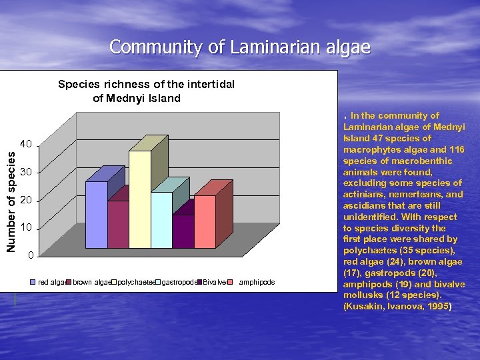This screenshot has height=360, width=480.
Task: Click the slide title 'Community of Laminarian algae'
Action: point(240,47)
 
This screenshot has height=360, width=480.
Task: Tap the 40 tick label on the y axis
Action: point(25,144)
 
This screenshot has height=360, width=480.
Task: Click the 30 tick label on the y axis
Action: point(25,173)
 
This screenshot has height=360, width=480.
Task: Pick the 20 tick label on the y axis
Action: point(25,201)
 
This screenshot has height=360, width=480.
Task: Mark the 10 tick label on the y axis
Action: point(25,228)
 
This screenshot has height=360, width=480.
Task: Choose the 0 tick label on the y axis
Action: point(29,255)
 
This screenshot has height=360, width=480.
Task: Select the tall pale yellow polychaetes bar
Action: point(139,200)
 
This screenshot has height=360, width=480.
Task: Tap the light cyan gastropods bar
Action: point(161,220)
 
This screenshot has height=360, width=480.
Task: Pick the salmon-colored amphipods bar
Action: point(205,222)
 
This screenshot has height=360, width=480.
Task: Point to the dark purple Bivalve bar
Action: point(183,231)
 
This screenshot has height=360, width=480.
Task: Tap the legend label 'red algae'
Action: point(52,283)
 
